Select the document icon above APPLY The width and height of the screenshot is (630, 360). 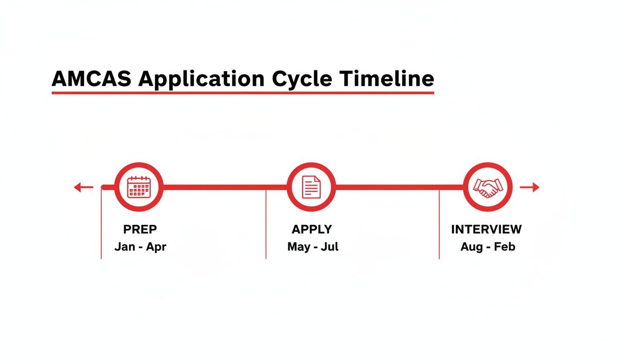pos(311,187)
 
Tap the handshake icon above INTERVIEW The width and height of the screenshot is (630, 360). pos(487,187)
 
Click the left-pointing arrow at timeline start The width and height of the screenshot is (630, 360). pos(83,187)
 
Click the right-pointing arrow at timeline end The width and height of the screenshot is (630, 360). pos(530,187)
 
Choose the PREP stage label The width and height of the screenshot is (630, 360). pos(140,229)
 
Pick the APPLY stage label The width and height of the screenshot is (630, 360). pos(312,229)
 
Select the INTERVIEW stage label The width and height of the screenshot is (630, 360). pos(486,229)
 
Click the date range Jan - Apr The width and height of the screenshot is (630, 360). pos(140,247)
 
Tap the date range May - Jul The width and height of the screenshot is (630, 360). pos(313,247)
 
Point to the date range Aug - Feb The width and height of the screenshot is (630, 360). pos(487,247)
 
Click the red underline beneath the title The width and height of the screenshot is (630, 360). pos(242,93)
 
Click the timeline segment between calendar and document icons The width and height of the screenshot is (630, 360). pos(225,187)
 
